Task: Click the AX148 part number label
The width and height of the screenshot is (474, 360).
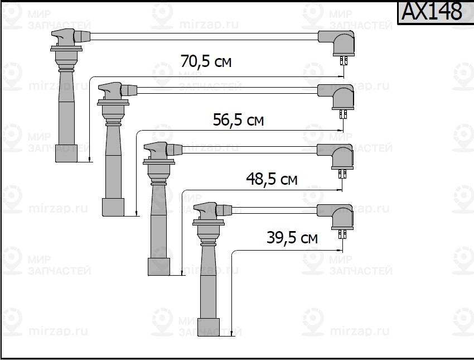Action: pyautogui.click(x=432, y=12)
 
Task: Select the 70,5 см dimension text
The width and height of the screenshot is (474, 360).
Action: pyautogui.click(x=206, y=61)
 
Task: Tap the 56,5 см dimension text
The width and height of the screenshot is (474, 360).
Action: pyautogui.click(x=238, y=120)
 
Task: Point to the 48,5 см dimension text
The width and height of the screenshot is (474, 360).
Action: pyautogui.click(x=272, y=179)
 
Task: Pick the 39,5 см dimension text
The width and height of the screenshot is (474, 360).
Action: pyautogui.click(x=292, y=238)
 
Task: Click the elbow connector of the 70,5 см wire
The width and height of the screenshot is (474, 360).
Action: pyautogui.click(x=336, y=42)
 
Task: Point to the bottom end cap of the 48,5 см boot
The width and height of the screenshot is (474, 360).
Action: pyautogui.click(x=159, y=267)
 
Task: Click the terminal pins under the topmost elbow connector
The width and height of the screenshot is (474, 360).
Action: pyautogui.click(x=344, y=61)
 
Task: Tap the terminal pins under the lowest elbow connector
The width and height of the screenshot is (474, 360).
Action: pyautogui.click(x=343, y=234)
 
